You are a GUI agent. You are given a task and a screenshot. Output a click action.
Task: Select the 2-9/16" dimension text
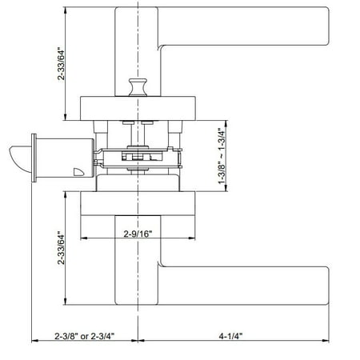137,234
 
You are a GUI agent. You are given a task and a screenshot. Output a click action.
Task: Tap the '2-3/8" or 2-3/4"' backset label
84,336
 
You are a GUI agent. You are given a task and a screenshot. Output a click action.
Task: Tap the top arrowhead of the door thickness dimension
228,123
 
